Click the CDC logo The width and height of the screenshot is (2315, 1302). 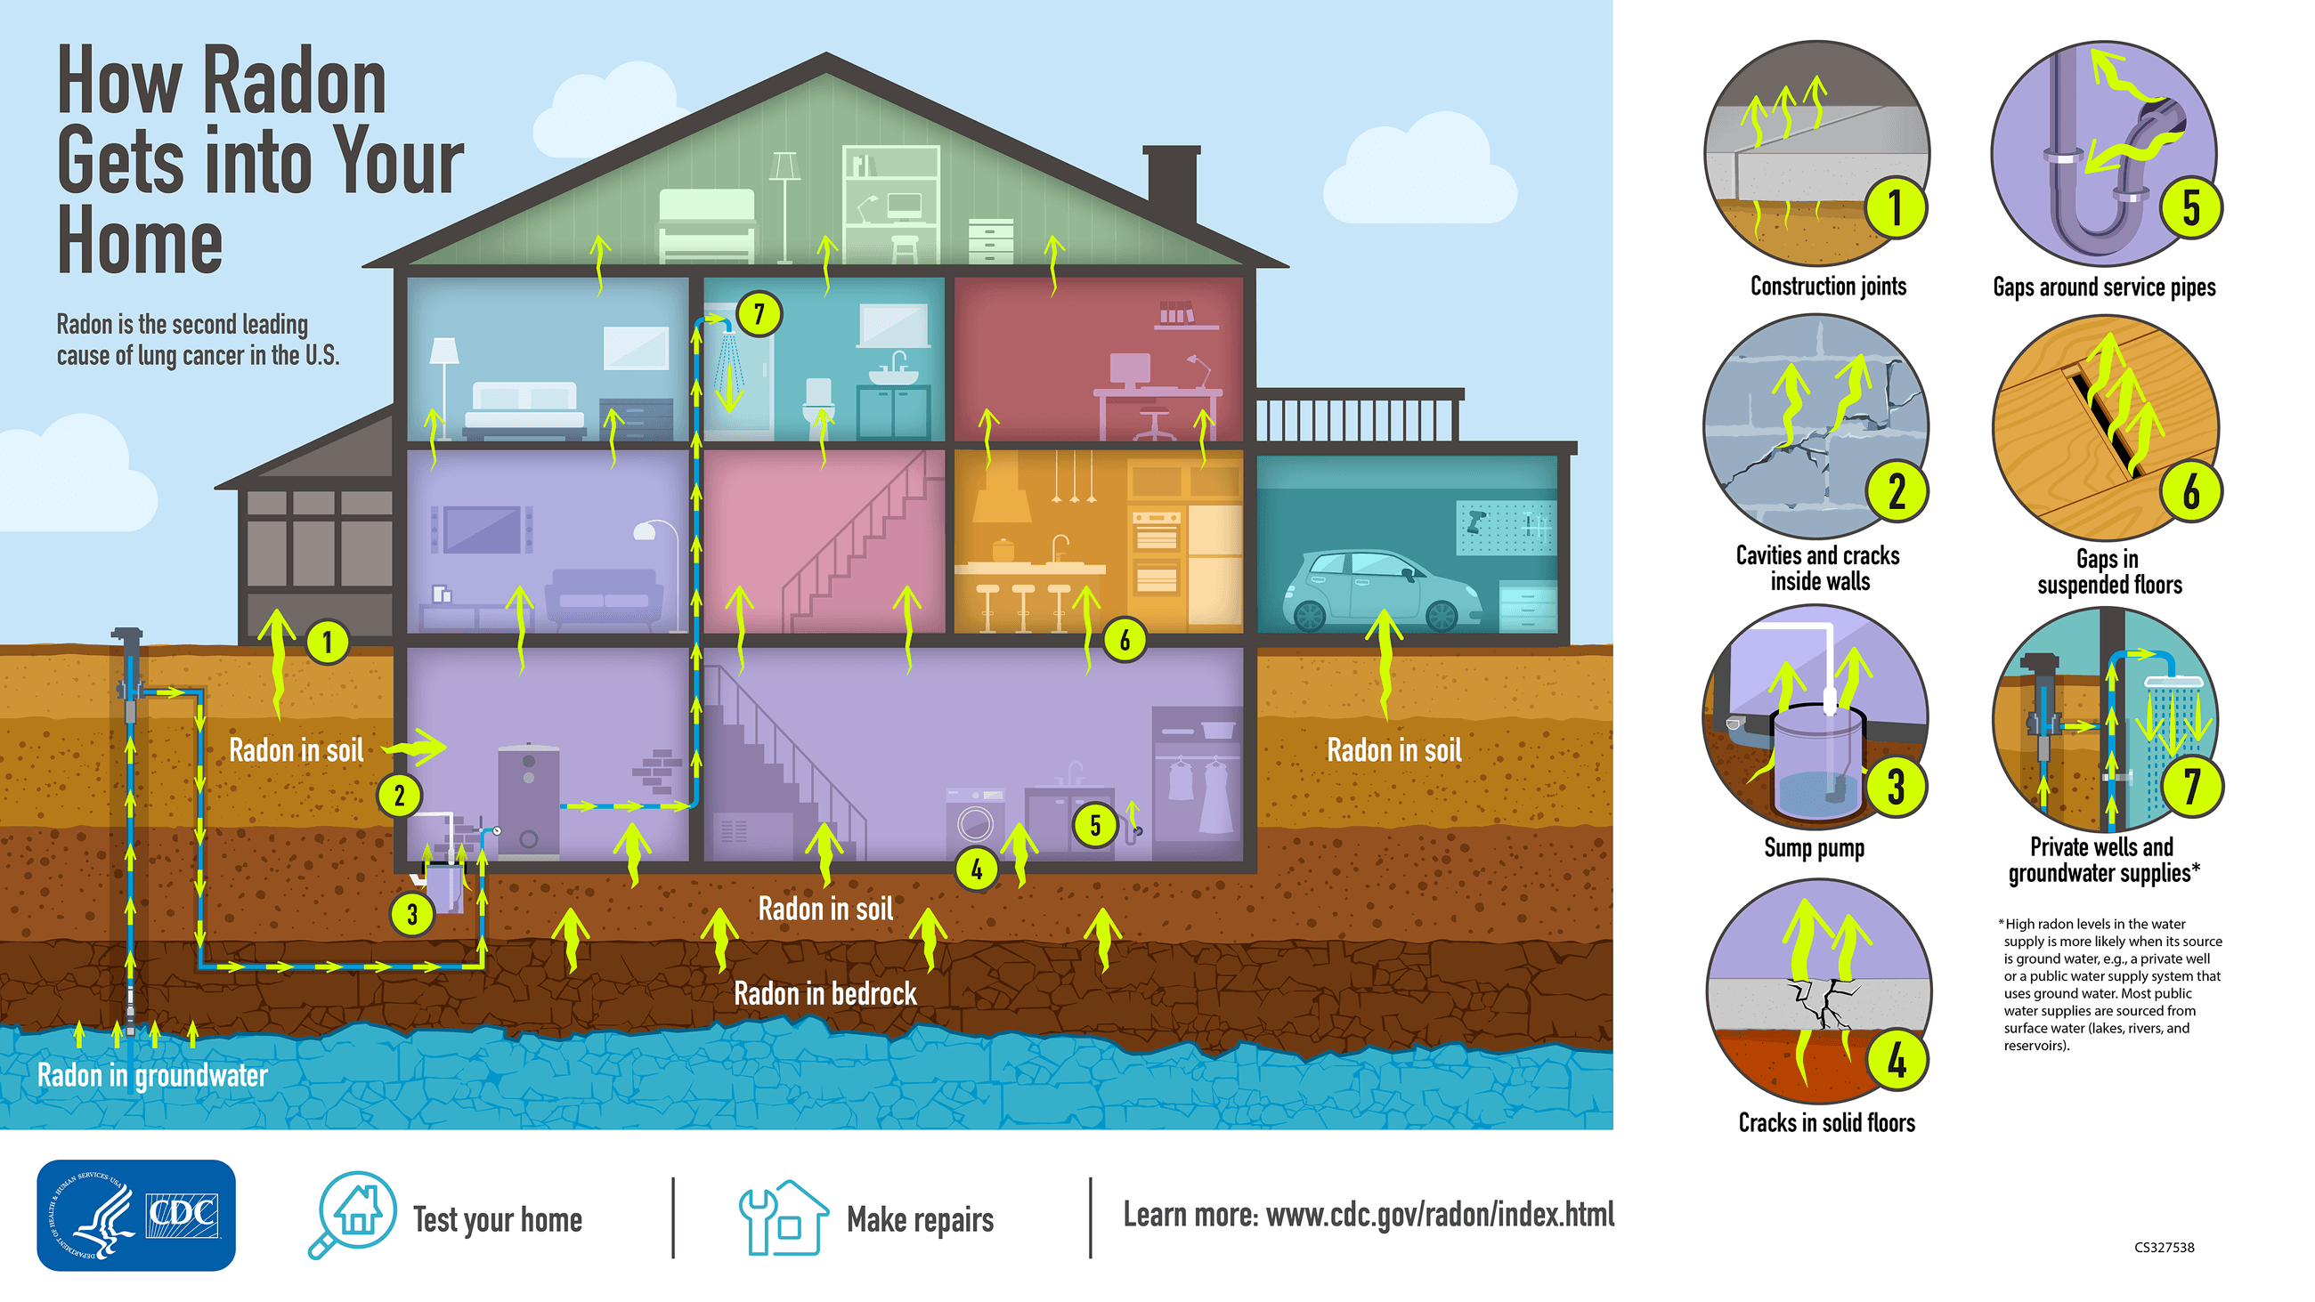click(x=135, y=1215)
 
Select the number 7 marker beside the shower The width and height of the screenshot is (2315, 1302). click(x=759, y=314)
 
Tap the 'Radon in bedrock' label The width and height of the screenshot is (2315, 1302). click(x=825, y=994)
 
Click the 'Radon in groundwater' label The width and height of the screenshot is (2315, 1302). click(x=153, y=1075)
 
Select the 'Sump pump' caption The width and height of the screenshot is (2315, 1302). click(x=1814, y=847)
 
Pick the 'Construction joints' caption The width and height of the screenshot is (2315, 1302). click(x=1828, y=287)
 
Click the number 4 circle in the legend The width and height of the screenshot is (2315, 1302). click(x=1896, y=1061)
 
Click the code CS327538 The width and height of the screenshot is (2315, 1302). click(x=2164, y=1247)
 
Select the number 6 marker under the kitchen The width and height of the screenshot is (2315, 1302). click(x=1124, y=641)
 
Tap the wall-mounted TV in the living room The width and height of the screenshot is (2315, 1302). click(x=482, y=530)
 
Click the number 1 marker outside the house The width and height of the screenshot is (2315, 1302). click(x=327, y=642)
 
